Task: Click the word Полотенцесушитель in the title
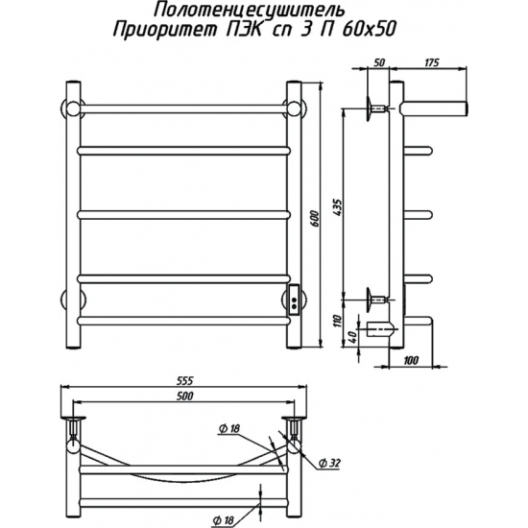[x=249, y=12]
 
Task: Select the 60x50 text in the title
[x=368, y=31]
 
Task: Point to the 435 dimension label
[x=338, y=207]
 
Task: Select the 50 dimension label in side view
[x=379, y=62]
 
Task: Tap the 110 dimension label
[x=339, y=321]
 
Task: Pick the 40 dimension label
[x=352, y=336]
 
